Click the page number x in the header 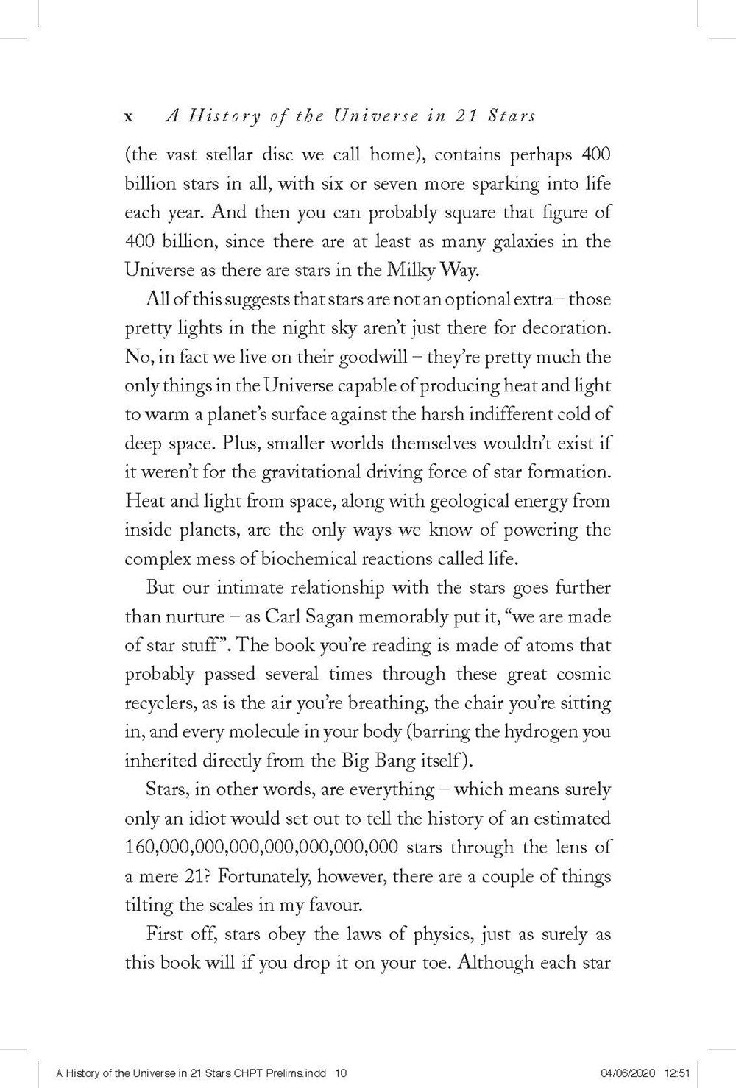(129, 116)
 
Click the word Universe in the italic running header (364, 115)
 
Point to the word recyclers (160, 703)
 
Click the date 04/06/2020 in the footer (617, 1073)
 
